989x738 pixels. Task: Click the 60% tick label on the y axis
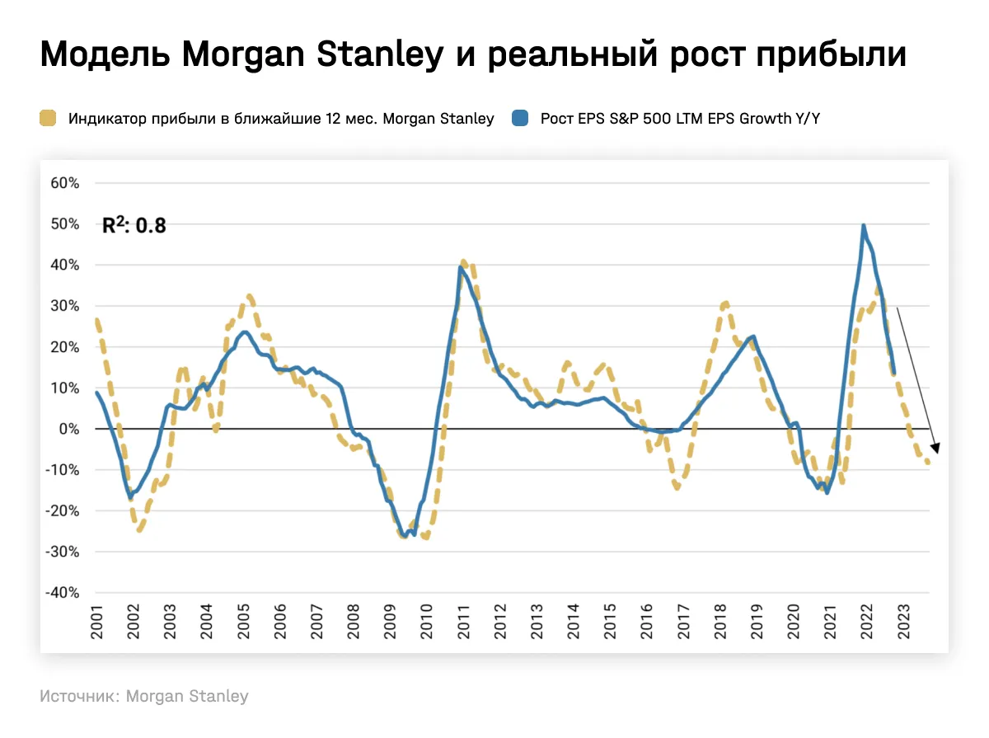coord(65,183)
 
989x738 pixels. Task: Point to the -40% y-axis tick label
coord(63,593)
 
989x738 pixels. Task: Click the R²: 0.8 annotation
coord(134,225)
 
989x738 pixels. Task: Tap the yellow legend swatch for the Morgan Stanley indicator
coord(49,118)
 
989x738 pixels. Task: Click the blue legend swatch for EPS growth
coord(520,118)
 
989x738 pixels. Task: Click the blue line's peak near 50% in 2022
coord(863,225)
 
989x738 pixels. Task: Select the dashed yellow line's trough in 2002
coord(139,530)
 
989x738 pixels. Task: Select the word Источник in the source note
coord(79,696)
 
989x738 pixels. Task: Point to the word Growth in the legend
coord(774,118)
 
